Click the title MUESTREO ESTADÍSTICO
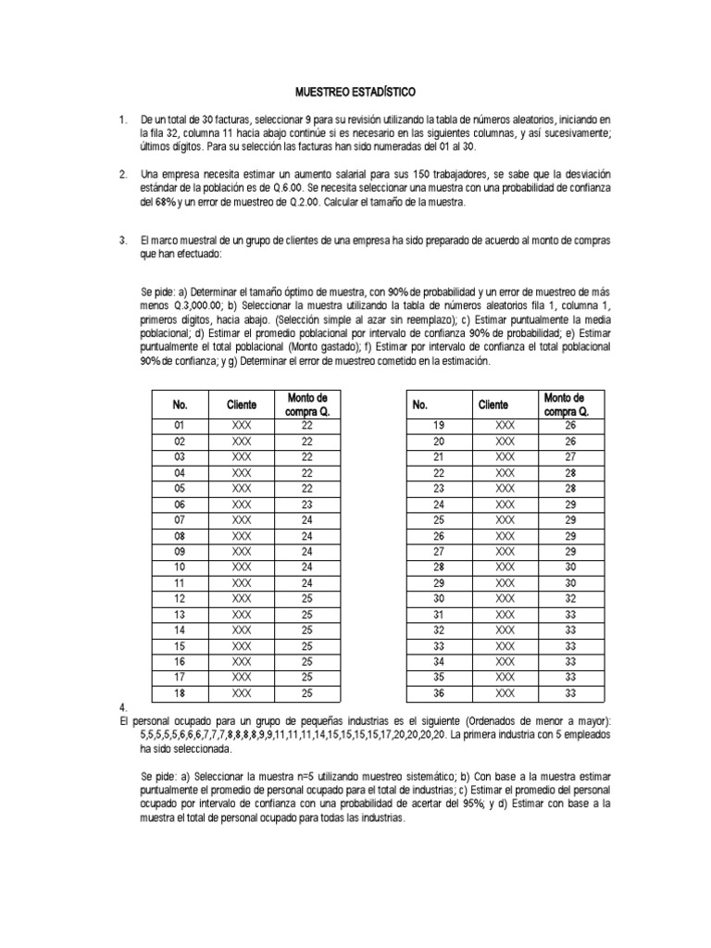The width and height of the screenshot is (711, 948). pyautogui.click(x=355, y=93)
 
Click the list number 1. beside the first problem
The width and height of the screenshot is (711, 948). pyautogui.click(x=122, y=120)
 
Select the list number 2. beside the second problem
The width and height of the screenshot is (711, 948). pyautogui.click(x=122, y=174)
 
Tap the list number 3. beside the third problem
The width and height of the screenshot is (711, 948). pyautogui.click(x=122, y=241)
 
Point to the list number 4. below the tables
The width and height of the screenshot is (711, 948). pyautogui.click(x=112, y=706)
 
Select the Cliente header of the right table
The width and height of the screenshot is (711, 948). pyautogui.click(x=493, y=405)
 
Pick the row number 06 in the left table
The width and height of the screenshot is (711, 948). pyautogui.click(x=180, y=505)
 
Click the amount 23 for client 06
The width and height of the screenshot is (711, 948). pyautogui.click(x=307, y=505)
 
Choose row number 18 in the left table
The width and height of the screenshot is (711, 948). pyautogui.click(x=180, y=692)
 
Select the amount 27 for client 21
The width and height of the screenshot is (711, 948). pyautogui.click(x=570, y=457)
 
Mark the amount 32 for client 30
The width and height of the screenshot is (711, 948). pyautogui.click(x=570, y=598)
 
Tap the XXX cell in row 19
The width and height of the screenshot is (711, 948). pyautogui.click(x=505, y=426)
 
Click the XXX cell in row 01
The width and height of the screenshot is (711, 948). pyautogui.click(x=241, y=426)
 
